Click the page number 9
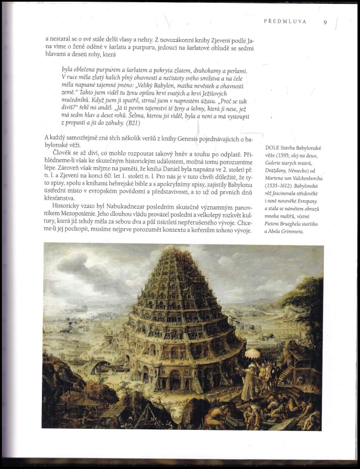pyautogui.click(x=325, y=22)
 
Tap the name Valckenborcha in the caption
pyautogui.click(x=309, y=178)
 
